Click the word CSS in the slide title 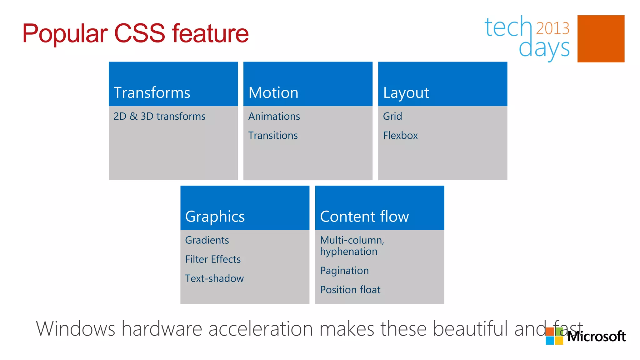pos(139,33)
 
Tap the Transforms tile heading pos(152,93)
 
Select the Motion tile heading pos(273,93)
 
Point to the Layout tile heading pos(406,93)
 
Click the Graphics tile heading pos(215,217)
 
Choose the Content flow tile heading pos(364,217)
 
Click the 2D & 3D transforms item pos(159,116)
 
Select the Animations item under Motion pos(274,116)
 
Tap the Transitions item pos(273,135)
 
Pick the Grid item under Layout pos(392,116)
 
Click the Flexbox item pos(400,135)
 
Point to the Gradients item pos(207,240)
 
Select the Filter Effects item pos(213,259)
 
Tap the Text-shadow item pos(214,278)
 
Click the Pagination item pos(344,271)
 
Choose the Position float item pos(350,290)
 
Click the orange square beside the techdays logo pos(601,39)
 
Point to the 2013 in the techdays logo pos(552,28)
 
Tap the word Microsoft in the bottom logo pos(596,337)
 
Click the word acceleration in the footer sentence pos(261,329)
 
